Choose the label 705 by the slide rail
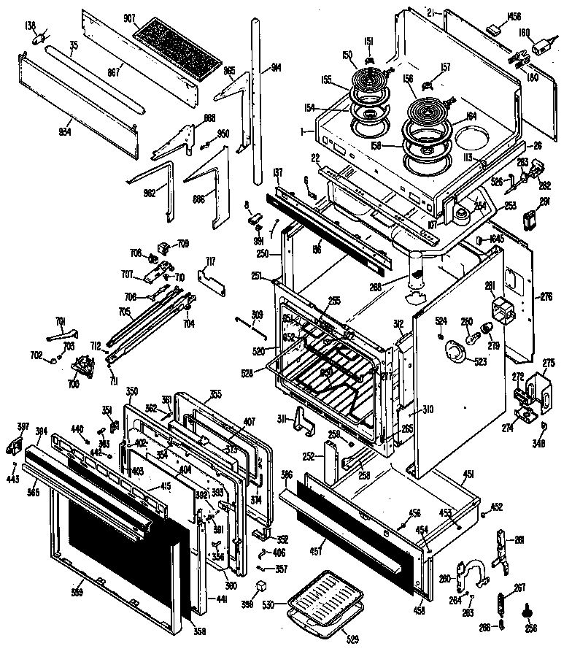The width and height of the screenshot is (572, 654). [125, 312]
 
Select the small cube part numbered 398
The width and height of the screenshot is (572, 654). [260, 586]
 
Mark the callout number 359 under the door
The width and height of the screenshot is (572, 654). [76, 592]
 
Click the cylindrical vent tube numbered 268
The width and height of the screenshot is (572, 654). [417, 272]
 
